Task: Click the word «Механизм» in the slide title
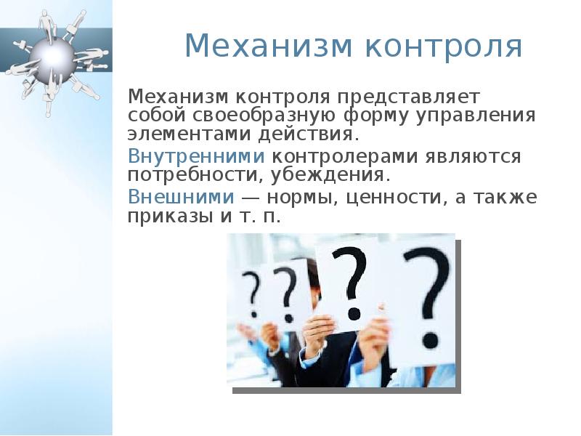click(x=268, y=46)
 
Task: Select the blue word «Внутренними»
click(x=196, y=156)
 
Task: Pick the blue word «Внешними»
click(x=181, y=196)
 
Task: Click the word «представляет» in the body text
click(x=408, y=98)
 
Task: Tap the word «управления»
click(x=476, y=116)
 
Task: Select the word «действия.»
click(x=309, y=134)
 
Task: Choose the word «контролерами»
click(x=344, y=157)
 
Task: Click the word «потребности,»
click(x=195, y=175)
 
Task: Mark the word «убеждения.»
click(x=331, y=174)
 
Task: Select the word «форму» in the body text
click(x=375, y=117)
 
